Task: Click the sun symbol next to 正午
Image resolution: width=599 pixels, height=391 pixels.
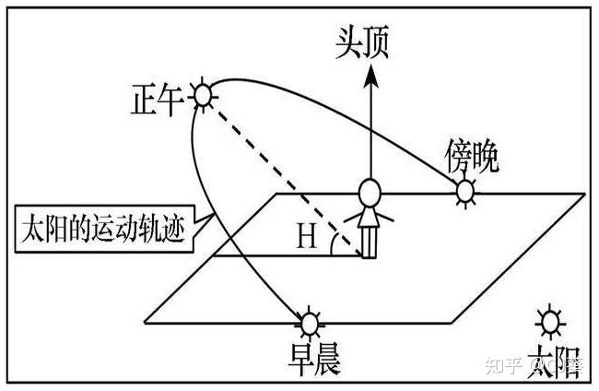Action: (203, 94)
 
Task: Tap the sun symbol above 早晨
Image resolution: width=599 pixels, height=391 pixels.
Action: (310, 325)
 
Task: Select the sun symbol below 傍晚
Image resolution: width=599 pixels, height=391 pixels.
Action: (466, 192)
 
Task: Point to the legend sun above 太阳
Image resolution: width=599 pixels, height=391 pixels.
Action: (550, 322)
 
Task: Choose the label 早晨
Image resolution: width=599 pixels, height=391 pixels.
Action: (312, 361)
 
